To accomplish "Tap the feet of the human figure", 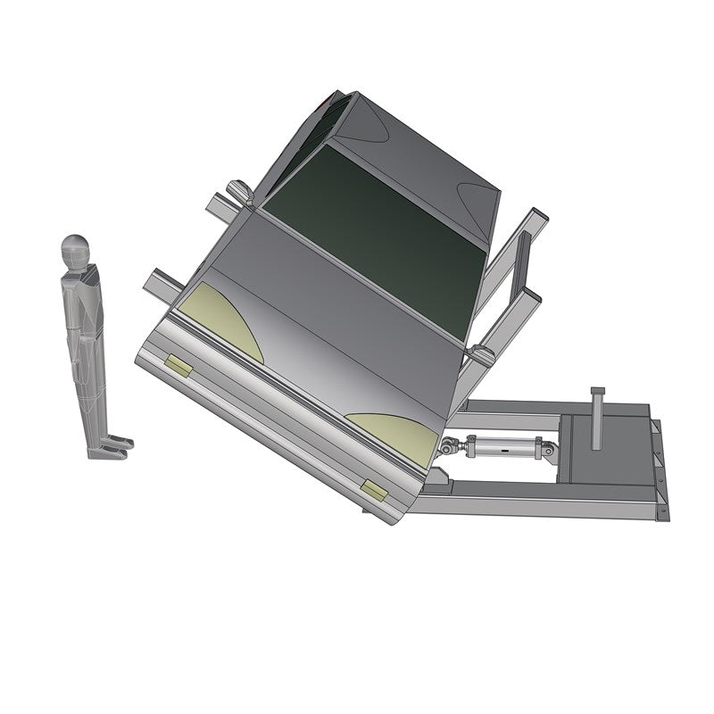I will click(112, 446).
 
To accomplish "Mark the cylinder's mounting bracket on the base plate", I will click(546, 451).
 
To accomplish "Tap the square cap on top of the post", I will click(597, 392).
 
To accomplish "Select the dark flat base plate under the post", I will click(616, 446).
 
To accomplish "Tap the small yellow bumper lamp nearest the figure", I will click(178, 367).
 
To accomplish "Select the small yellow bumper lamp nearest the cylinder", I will click(374, 489).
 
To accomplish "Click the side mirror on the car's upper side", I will click(238, 191).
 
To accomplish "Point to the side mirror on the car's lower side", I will click(483, 355).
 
